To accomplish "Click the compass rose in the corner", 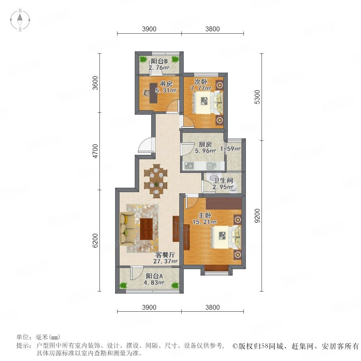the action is click(20, 20).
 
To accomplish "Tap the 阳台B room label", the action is click(159, 61).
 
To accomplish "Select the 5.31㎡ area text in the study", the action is click(166, 91).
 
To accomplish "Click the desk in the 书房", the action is click(153, 93).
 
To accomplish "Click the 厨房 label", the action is click(205, 144).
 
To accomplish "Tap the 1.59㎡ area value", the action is click(230, 149).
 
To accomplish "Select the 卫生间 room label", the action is click(223, 180).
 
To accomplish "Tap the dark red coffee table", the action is click(146, 229).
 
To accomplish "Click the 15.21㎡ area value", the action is click(205, 222).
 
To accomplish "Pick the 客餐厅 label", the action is click(165, 255).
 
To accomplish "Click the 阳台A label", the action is click(154, 276).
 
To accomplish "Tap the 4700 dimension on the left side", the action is click(95, 151).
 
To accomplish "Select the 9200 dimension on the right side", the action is click(257, 216).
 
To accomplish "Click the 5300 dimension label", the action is click(257, 97).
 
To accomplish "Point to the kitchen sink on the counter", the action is click(211, 166).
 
